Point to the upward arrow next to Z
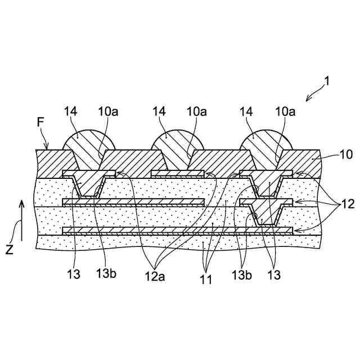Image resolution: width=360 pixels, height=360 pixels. click(21, 217)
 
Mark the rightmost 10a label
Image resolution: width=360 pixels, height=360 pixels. click(286, 112)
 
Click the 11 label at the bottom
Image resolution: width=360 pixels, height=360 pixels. click(206, 278)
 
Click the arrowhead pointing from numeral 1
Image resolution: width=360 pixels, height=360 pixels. click(308, 98)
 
